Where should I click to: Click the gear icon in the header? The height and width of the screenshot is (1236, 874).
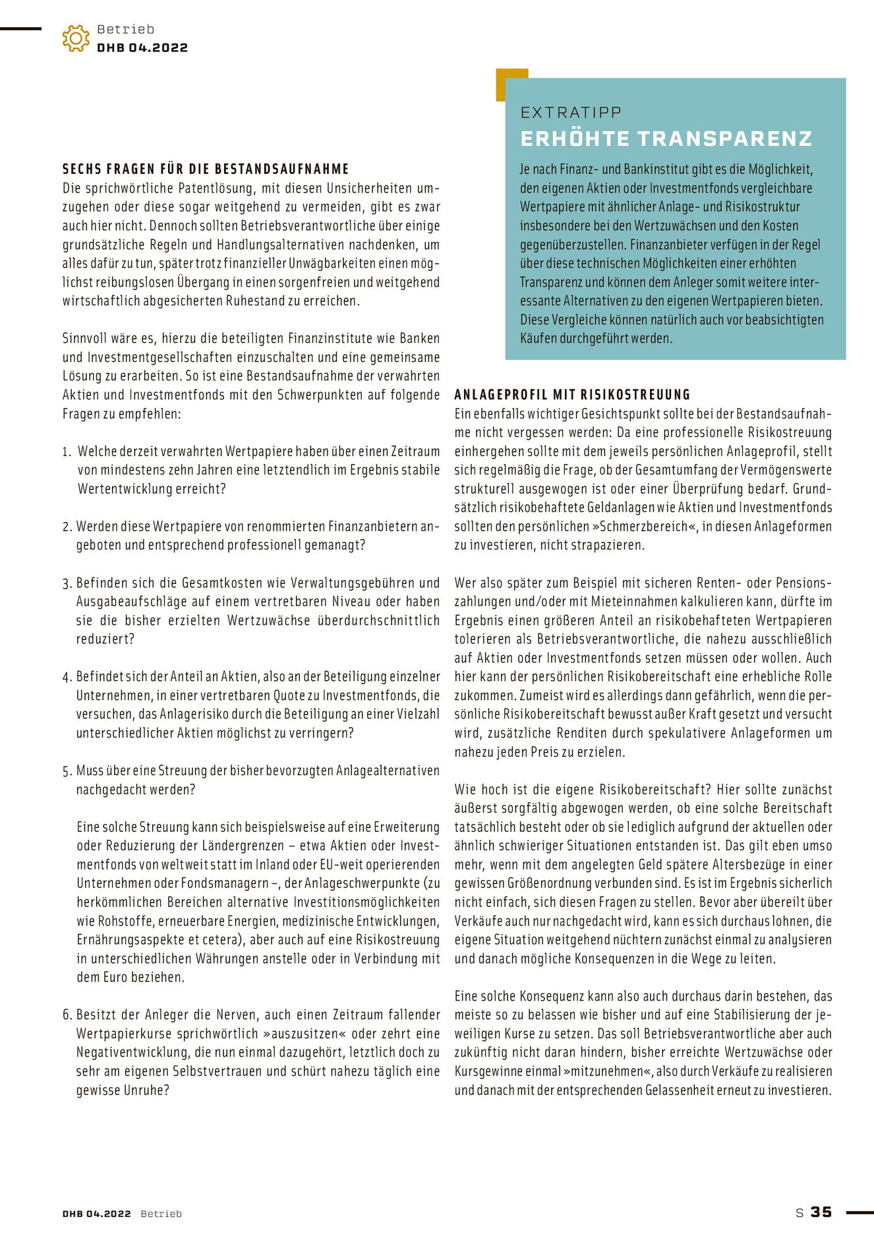pyautogui.click(x=76, y=38)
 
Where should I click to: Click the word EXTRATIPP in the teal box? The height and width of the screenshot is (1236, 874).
pyautogui.click(x=571, y=113)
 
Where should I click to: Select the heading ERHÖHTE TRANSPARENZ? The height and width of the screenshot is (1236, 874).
pyautogui.click(x=666, y=138)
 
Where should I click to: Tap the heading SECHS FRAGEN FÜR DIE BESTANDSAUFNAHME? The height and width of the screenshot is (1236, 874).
pyautogui.click(x=206, y=169)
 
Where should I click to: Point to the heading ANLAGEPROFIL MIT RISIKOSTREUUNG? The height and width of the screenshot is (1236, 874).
pyautogui.click(x=572, y=395)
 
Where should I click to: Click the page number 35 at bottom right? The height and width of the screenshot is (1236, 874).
pyautogui.click(x=821, y=1212)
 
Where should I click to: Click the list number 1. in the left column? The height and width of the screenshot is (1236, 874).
pyautogui.click(x=67, y=452)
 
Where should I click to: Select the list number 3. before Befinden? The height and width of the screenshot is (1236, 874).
pyautogui.click(x=67, y=583)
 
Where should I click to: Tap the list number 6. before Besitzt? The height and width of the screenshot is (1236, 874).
pyautogui.click(x=67, y=1015)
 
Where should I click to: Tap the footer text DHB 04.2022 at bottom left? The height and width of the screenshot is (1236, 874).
pyautogui.click(x=97, y=1214)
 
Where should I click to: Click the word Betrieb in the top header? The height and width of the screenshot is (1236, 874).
pyautogui.click(x=125, y=29)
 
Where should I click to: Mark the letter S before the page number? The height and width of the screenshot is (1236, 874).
pyautogui.click(x=800, y=1213)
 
